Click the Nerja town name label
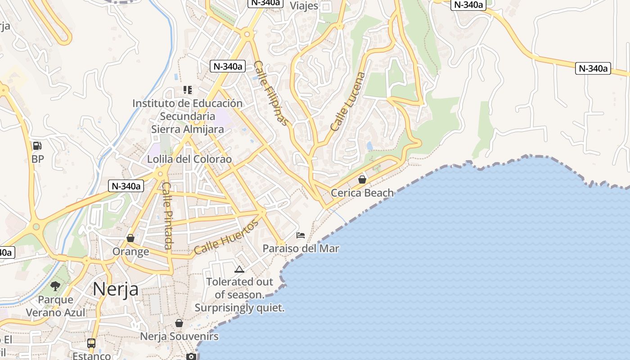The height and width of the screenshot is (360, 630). coord(116,289)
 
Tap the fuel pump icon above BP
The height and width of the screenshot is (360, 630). coord(37,146)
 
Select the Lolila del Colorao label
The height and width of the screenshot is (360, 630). coord(189,159)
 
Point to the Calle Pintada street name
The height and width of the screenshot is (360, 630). coord(167,215)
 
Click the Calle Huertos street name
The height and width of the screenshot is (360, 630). coord(226,237)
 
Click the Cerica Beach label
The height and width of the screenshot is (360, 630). coord(362,193)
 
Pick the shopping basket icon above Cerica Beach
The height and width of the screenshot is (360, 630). coord(362,180)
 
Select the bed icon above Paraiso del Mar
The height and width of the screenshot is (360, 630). coord(301,235)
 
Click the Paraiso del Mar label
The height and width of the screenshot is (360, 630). coord(301,248)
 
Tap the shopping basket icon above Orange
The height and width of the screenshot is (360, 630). coord(130,238)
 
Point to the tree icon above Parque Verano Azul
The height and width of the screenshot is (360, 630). coord(55,286)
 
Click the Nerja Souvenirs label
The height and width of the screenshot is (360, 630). coord(179,337)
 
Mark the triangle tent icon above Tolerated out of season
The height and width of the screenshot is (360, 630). coord(239,269)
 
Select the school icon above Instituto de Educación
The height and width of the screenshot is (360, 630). coord(187,90)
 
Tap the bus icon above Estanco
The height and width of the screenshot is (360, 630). coord(91,343)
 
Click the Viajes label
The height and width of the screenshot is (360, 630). coord(304,6)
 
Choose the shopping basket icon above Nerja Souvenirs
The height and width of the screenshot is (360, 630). coord(179,323)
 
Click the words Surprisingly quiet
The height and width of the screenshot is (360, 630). coord(239,308)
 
